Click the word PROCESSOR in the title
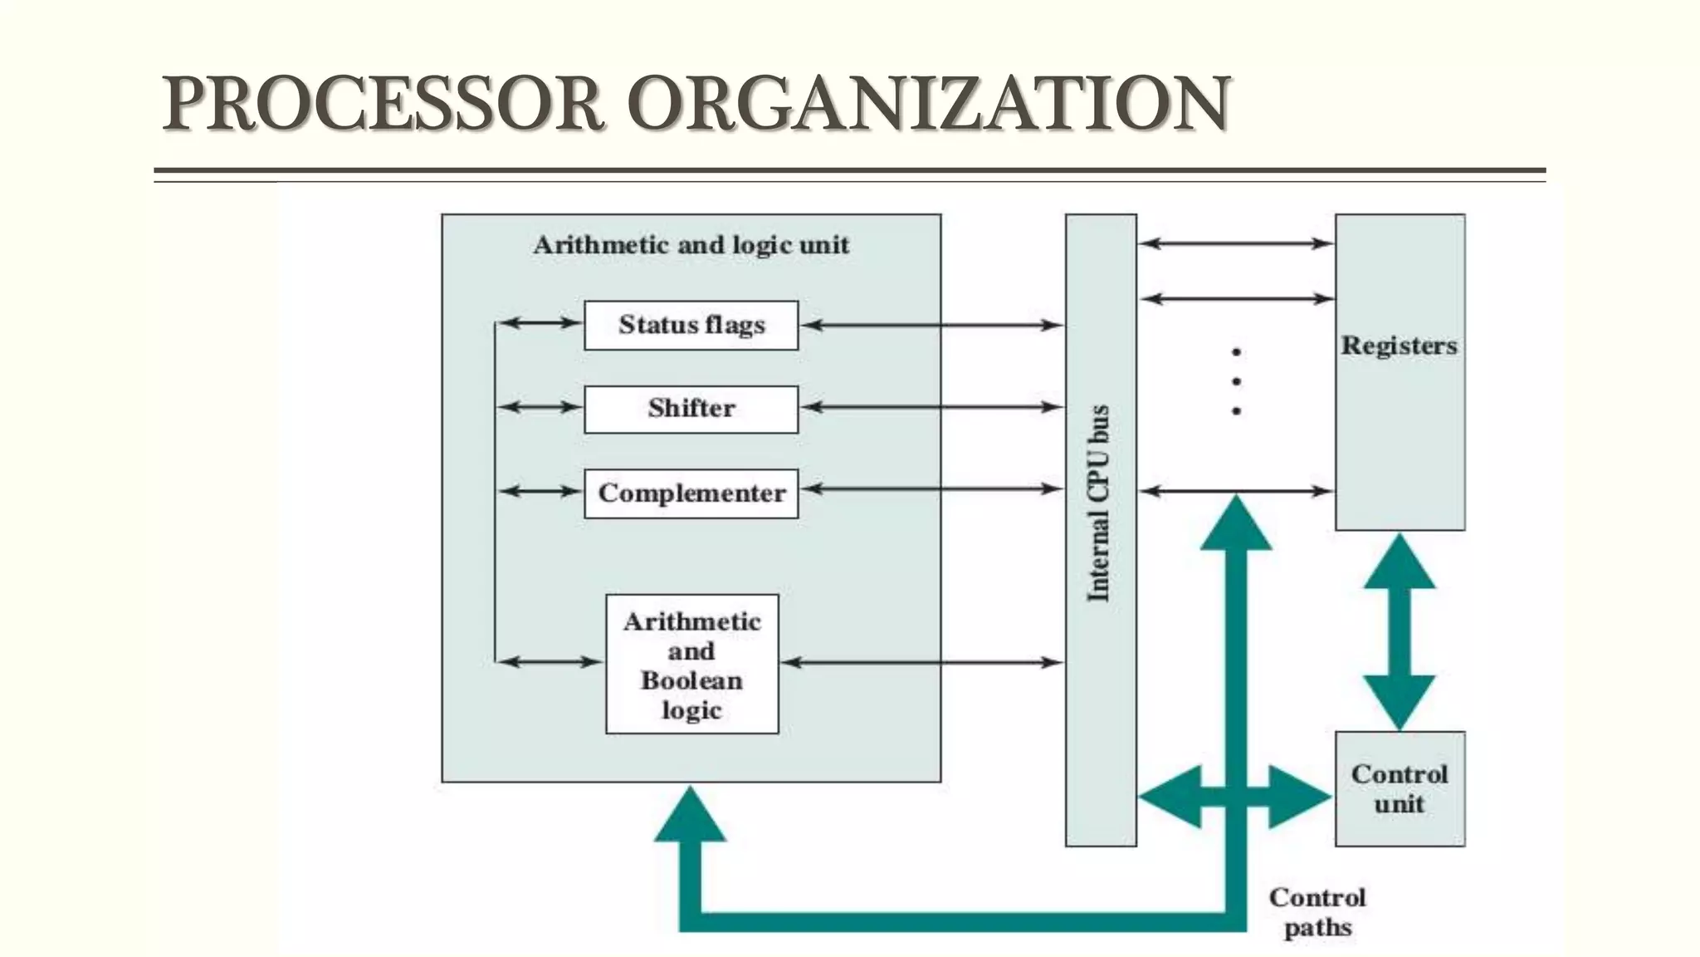click(x=382, y=104)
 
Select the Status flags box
click(x=691, y=325)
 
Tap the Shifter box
click(x=691, y=409)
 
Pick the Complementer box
click(x=691, y=493)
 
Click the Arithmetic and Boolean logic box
click(x=691, y=664)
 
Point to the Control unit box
click(x=1400, y=788)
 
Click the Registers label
click(x=1400, y=346)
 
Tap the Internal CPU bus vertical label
click(x=1099, y=503)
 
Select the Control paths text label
click(x=1317, y=912)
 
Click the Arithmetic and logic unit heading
click(x=691, y=245)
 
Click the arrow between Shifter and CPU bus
click(x=931, y=407)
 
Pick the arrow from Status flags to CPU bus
click(x=931, y=325)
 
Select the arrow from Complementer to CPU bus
click(x=931, y=489)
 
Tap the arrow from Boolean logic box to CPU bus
click(x=921, y=662)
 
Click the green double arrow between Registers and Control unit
click(x=1400, y=631)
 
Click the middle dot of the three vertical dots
click(x=1237, y=381)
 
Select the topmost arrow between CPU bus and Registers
click(x=1235, y=243)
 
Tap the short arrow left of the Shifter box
click(x=540, y=407)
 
